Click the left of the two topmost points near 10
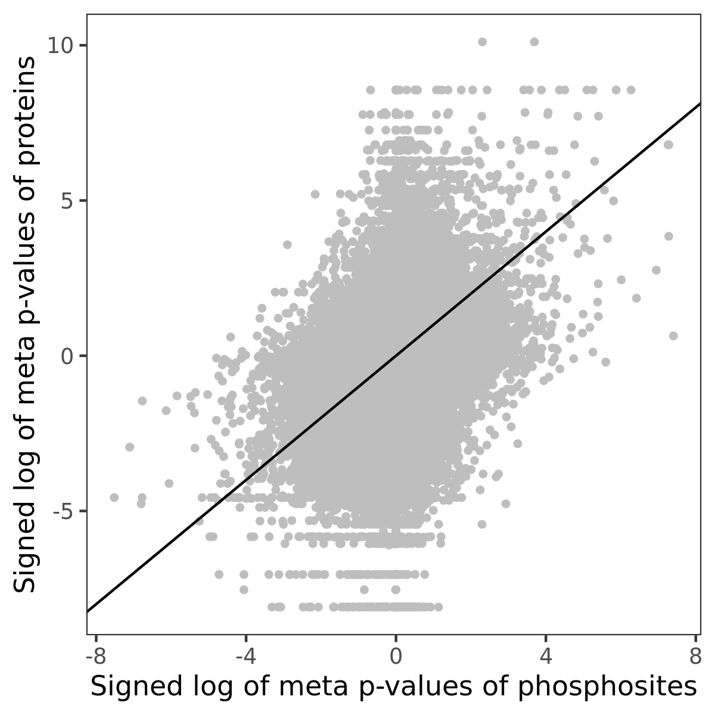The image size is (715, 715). point(482,42)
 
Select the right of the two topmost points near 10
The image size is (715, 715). point(534,42)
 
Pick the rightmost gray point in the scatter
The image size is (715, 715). point(673,336)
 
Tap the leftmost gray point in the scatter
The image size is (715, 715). point(114,498)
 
